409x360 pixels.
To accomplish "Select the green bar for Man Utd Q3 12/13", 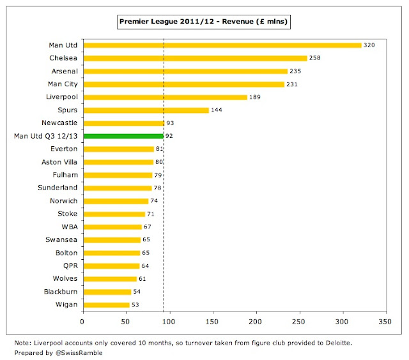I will click(x=123, y=136).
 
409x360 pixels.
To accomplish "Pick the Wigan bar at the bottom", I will click(x=106, y=305).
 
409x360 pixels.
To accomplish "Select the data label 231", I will click(x=292, y=84).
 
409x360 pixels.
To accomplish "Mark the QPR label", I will click(x=70, y=266).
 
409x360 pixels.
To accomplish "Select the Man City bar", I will click(x=184, y=84).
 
